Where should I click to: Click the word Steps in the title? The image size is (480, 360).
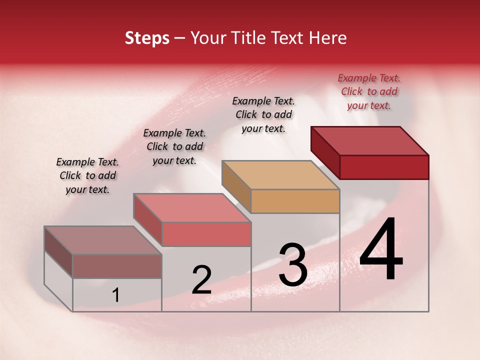point(147,38)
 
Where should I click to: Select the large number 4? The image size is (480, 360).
point(381,250)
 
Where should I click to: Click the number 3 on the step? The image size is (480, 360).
point(293,265)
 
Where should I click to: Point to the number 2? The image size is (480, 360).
point(201,280)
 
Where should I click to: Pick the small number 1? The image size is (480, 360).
point(115,295)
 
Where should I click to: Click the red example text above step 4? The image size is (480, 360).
point(369,92)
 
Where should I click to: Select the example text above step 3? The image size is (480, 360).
point(263,115)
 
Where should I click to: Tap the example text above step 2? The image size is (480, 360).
point(174,147)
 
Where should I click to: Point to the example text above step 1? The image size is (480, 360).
point(87,176)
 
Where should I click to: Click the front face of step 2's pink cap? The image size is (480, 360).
point(206,234)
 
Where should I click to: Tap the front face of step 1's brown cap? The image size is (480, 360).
point(117,266)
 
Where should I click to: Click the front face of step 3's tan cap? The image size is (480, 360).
point(295,201)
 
